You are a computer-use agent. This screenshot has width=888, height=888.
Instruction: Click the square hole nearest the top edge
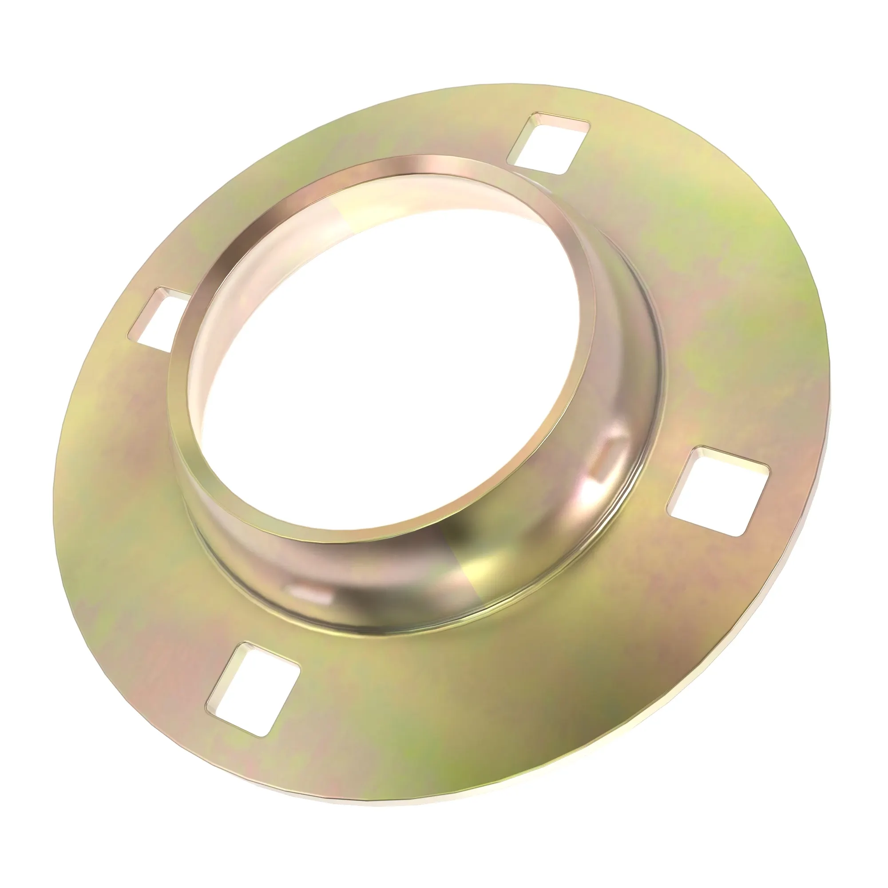pos(547,143)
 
